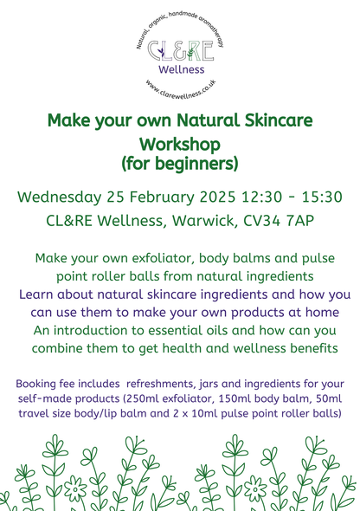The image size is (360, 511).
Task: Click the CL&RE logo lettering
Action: (180, 49)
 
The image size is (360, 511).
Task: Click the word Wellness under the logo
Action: (180, 68)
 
